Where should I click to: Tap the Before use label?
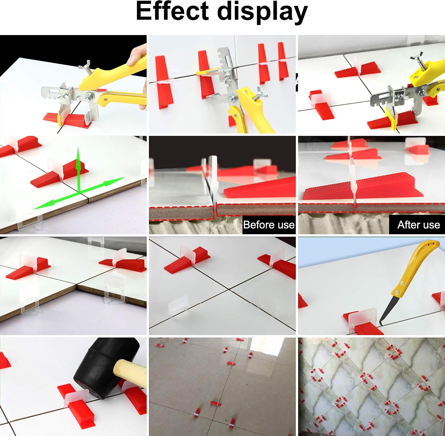[x=269, y=225]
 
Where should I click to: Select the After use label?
[x=419, y=225]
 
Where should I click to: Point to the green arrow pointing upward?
[x=79, y=169]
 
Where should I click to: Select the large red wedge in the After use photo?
[x=362, y=189]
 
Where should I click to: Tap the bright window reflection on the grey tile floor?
[x=264, y=347]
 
